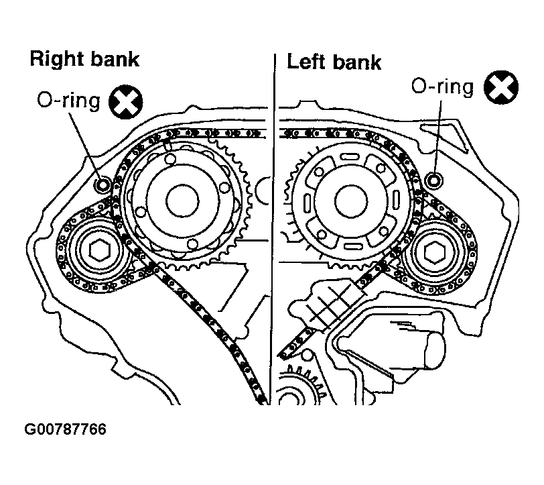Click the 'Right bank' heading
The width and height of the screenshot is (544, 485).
[x=84, y=59]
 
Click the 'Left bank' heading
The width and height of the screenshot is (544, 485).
[x=334, y=62]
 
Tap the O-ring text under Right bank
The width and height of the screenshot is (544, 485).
[x=68, y=101]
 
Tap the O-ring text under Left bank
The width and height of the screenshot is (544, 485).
[x=441, y=86]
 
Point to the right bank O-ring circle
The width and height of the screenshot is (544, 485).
[x=103, y=183]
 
